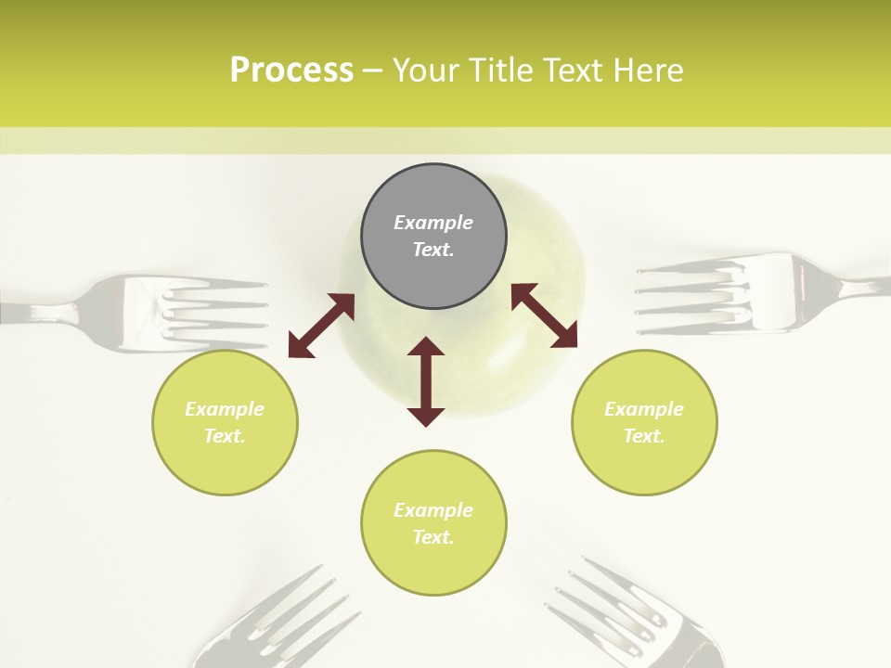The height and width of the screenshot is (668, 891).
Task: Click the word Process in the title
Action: (x=291, y=71)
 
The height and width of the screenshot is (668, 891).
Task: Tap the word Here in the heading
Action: (x=648, y=71)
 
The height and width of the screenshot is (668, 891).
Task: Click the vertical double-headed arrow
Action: (x=426, y=381)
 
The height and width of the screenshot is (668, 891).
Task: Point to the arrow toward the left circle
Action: (x=321, y=326)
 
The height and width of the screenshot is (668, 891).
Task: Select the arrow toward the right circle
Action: (x=544, y=315)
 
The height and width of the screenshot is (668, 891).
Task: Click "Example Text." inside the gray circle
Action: (x=433, y=236)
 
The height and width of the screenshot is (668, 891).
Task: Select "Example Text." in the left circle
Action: (x=225, y=422)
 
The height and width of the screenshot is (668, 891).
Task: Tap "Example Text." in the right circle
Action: (x=644, y=422)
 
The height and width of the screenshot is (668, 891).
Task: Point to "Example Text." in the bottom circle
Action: (x=433, y=523)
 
